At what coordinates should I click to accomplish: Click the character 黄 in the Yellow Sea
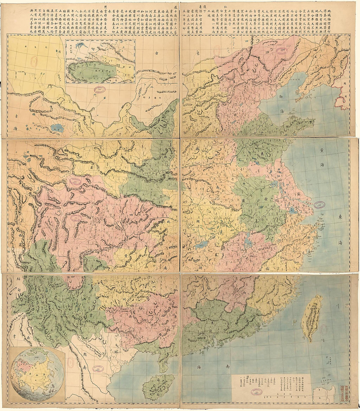coord(323,151)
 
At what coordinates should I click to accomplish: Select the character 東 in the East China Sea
coord(340,216)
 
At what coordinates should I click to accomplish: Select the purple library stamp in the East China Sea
coord(320,205)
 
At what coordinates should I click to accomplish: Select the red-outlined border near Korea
coord(340,95)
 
